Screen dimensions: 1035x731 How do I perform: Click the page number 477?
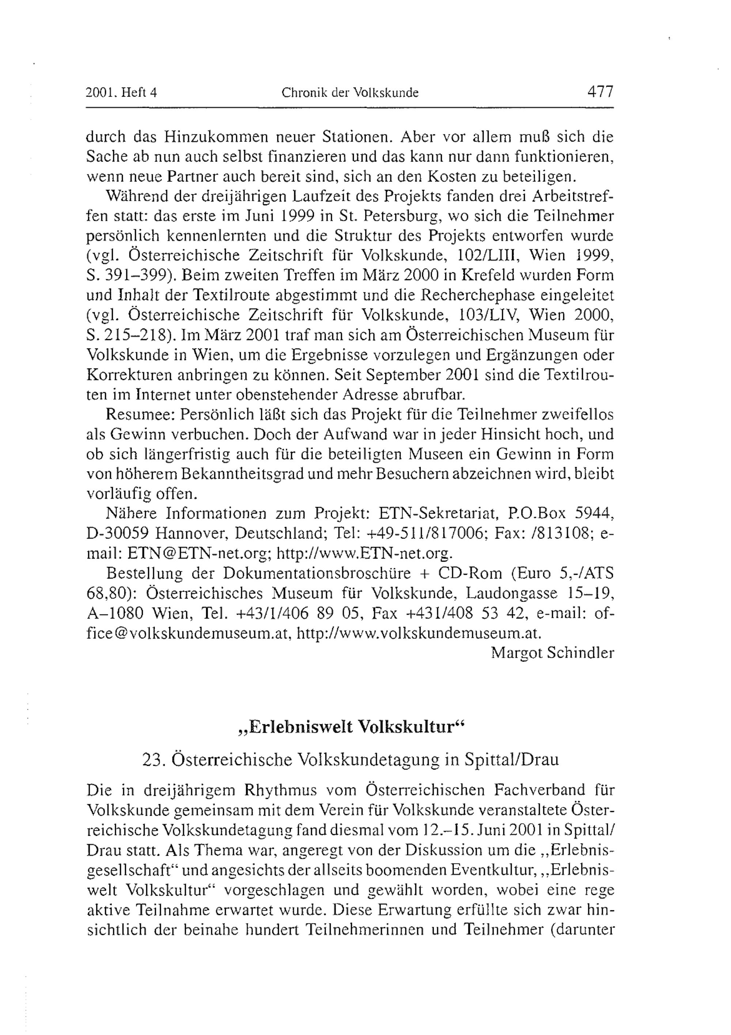point(600,92)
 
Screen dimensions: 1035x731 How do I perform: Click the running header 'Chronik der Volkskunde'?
point(350,93)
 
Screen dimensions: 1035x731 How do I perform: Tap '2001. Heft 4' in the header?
point(121,93)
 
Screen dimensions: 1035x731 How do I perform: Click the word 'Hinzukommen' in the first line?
point(213,136)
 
